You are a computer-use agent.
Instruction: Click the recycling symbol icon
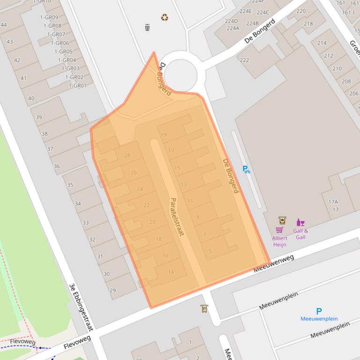tap(164, 17)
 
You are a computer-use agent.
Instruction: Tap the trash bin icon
tap(147, 28)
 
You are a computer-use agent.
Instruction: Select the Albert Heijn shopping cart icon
tap(279, 230)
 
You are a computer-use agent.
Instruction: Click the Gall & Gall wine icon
tap(300, 222)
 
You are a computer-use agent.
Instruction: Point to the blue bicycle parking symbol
tap(246, 169)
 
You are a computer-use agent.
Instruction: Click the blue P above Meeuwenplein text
tap(319, 311)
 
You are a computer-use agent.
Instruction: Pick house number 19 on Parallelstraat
tap(163, 135)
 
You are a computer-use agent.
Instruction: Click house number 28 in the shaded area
tap(127, 155)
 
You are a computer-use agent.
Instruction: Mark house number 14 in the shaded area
tap(171, 272)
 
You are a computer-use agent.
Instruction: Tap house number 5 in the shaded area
tap(210, 252)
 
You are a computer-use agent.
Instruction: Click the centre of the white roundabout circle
tap(181, 73)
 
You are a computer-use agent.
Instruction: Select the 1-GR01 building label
tap(78, 86)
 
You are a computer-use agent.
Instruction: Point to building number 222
tap(244, 60)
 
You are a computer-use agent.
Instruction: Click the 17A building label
tap(333, 202)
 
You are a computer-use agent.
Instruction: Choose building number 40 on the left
tap(31, 99)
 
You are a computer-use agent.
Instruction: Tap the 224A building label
tap(233, 28)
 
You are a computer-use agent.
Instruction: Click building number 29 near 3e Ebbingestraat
tap(112, 291)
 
